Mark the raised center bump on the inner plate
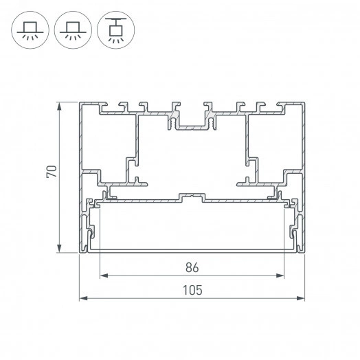click(192, 198)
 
